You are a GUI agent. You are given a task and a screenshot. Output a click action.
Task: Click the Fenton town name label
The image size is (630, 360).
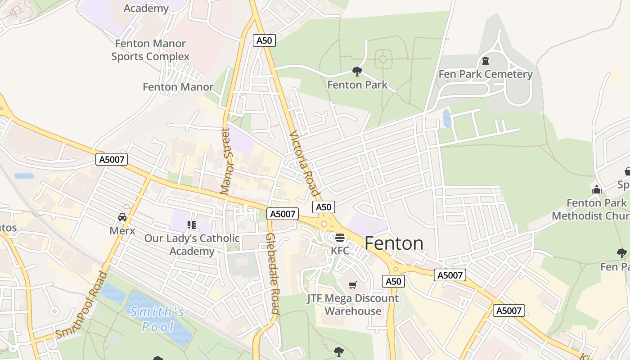394,243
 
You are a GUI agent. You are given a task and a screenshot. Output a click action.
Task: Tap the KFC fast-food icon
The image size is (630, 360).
340,238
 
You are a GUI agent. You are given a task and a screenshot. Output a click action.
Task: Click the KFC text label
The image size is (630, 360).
340,251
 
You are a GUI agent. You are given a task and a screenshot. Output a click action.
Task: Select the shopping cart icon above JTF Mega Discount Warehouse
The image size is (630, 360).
353,285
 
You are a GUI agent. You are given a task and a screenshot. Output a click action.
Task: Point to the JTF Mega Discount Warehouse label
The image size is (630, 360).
353,305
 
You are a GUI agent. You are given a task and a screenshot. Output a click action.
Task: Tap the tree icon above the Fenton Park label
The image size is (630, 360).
357,71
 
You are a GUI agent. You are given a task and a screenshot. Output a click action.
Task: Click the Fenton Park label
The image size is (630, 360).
357,85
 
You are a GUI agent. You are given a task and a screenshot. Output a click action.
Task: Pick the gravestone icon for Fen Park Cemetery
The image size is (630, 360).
486,60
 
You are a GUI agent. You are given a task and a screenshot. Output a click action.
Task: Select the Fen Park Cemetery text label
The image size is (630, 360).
486,74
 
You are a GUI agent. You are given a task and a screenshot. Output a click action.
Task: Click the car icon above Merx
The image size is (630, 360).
122,217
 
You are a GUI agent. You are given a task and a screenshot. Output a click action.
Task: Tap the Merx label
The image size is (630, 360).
122,230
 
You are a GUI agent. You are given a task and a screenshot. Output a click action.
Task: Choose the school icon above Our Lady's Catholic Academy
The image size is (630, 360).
192,225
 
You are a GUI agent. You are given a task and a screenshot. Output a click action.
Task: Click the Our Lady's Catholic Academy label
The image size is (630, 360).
192,244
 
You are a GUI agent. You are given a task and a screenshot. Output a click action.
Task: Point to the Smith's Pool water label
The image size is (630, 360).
157,319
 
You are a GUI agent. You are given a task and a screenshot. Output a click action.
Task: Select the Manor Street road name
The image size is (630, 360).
225,161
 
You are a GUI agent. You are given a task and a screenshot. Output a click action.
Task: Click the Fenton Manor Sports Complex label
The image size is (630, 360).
150,50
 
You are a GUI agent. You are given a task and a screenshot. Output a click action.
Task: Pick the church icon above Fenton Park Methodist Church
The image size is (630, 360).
597,189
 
